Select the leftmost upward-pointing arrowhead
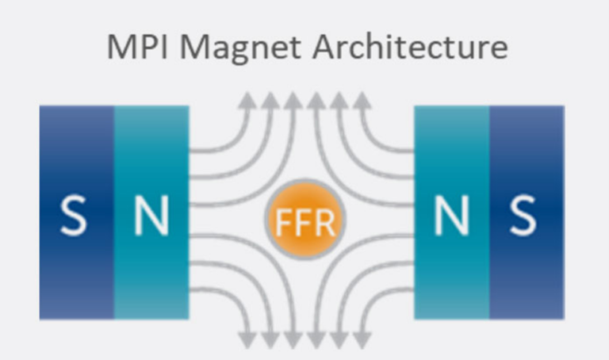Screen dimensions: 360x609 (x=247, y=100)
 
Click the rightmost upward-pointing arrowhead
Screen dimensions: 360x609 (x=362, y=100)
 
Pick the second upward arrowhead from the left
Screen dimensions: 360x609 (x=270, y=100)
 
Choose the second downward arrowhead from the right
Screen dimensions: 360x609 (x=339, y=339)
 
